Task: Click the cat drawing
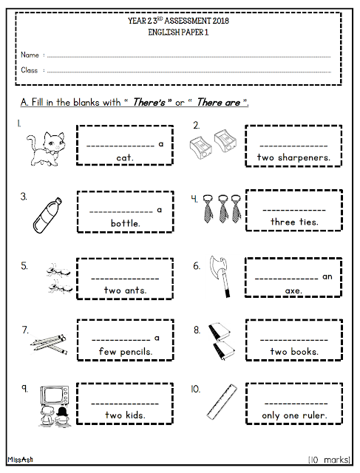coord(46,149)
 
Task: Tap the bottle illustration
coord(47,215)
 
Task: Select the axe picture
coord(220,276)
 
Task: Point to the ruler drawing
coord(222,401)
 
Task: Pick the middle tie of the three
coord(223,208)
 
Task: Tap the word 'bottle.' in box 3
coord(126,223)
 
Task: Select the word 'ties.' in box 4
coord(309,222)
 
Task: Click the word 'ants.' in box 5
coord(135,290)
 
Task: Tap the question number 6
coord(197,266)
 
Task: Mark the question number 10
coord(195,389)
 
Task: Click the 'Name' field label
coord(30,55)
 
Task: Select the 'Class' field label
coord(30,70)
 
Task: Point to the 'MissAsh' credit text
coord(20,460)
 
